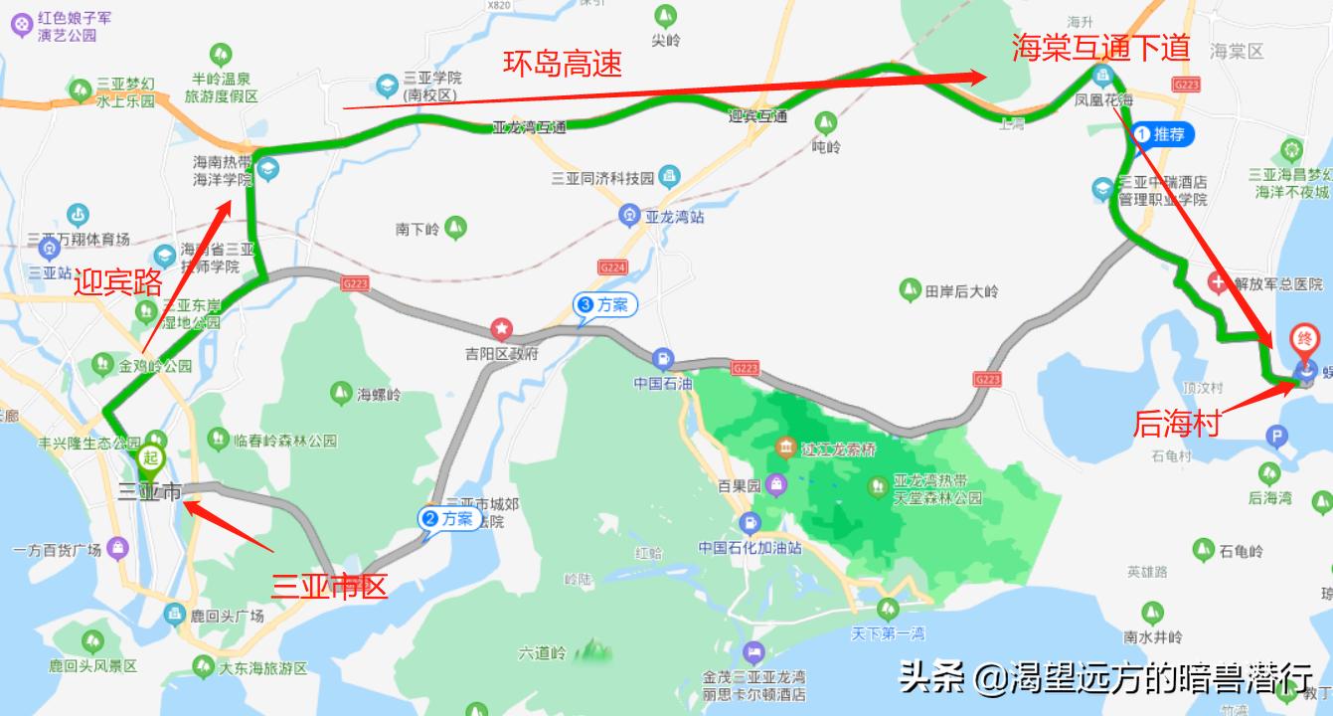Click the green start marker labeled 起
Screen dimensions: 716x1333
(x=151, y=457)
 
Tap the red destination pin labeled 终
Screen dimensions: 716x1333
(x=1304, y=340)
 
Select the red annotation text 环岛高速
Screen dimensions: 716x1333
(x=563, y=65)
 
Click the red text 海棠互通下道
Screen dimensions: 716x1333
(x=1100, y=48)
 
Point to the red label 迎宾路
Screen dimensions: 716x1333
(x=118, y=283)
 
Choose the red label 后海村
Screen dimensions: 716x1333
(x=1176, y=425)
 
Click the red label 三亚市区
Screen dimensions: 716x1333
(x=329, y=587)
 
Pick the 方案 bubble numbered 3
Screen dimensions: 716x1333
(x=603, y=305)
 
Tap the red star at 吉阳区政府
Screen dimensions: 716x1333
(x=502, y=328)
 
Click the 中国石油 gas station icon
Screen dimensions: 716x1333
(x=661, y=359)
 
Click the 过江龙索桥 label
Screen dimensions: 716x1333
(x=841, y=449)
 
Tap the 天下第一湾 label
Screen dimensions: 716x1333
(x=888, y=633)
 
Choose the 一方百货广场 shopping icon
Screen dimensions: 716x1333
(x=118, y=548)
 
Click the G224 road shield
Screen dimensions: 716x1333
(x=612, y=268)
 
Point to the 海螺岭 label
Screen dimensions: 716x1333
(x=379, y=395)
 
